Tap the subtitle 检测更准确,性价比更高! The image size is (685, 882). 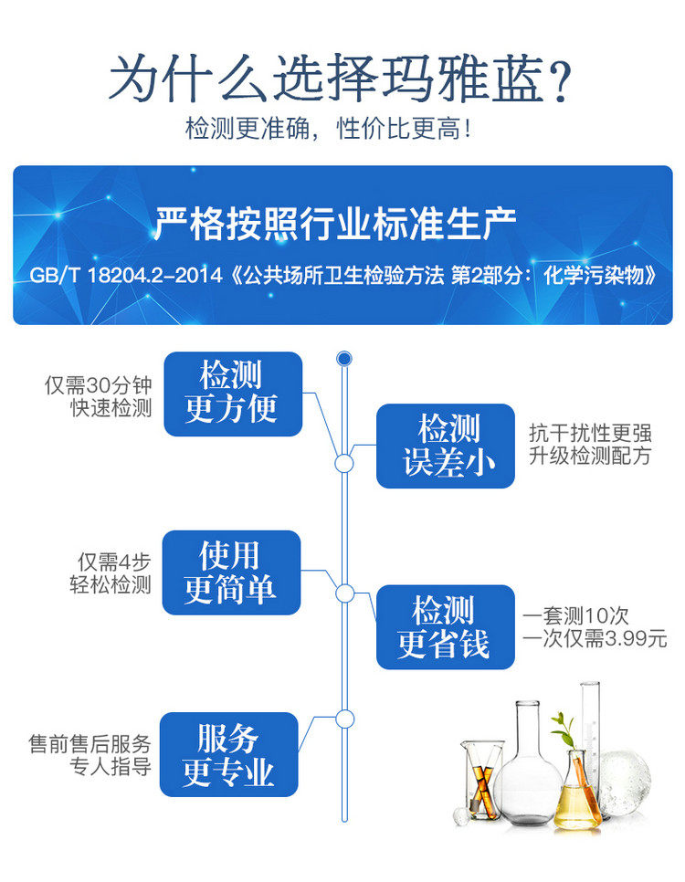[329, 128]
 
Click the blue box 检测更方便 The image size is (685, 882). [232, 394]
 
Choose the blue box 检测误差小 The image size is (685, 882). [445, 446]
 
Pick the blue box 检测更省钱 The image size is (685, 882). [445, 627]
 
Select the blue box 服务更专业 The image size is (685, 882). [228, 754]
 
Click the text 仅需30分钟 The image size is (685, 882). [98, 385]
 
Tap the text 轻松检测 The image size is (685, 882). [111, 585]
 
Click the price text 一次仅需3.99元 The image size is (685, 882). [595, 638]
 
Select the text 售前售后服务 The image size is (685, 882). [90, 743]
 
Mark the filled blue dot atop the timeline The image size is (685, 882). [344, 358]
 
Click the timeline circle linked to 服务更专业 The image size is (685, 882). [344, 719]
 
